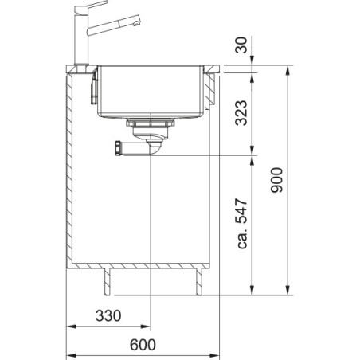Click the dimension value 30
coord(241,45)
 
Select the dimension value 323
coord(241,112)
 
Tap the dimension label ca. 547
coord(242,224)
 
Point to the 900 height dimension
coord(276,180)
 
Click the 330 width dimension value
coord(108,315)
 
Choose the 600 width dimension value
coord(143,345)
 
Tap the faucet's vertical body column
coord(81,39)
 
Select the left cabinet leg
coord(107,282)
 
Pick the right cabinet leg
coord(199,282)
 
